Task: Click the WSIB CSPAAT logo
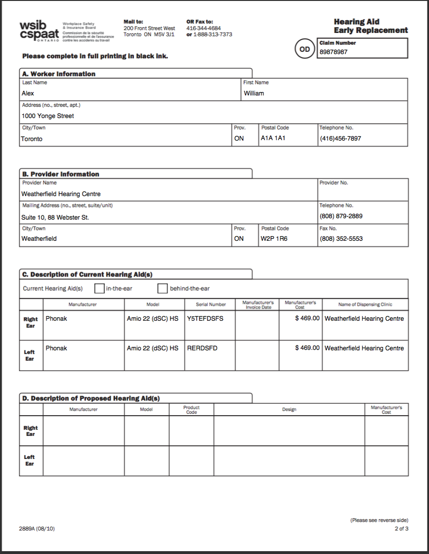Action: pos(39,31)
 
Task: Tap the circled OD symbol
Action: pos(304,49)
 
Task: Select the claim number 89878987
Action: pos(334,52)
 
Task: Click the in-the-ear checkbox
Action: pos(99,288)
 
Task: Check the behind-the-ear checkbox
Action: pos(163,288)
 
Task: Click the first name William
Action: pos(254,94)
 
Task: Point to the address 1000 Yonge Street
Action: pos(47,116)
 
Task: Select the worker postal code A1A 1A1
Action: pos(273,139)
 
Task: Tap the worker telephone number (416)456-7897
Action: pos(341,139)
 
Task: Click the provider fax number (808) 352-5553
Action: pos(341,239)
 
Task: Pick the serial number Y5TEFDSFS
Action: pos(205,319)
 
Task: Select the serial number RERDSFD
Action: pos(202,348)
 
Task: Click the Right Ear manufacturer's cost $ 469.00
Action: pos(307,319)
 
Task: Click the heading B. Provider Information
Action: pos(61,174)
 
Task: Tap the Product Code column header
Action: pos(191,410)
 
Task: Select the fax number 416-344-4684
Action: pos(203,28)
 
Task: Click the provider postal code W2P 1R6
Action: pos(274,239)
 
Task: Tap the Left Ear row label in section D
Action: pos(30,460)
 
